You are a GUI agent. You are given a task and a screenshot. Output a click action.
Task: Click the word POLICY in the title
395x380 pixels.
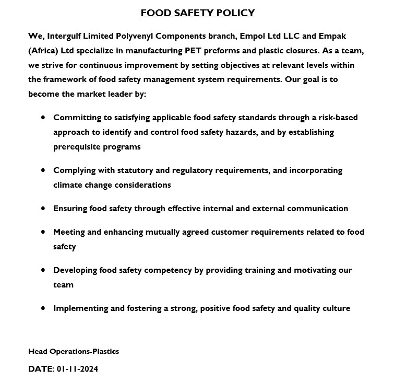point(234,13)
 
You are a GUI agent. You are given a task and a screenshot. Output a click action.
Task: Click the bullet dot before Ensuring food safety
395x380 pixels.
point(43,208)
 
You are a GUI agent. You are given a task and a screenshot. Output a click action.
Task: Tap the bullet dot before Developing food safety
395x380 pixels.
point(43,270)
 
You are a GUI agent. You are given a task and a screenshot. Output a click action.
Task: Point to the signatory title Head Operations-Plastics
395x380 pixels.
point(74,351)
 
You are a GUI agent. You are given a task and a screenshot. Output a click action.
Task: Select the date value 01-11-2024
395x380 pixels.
point(77,369)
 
